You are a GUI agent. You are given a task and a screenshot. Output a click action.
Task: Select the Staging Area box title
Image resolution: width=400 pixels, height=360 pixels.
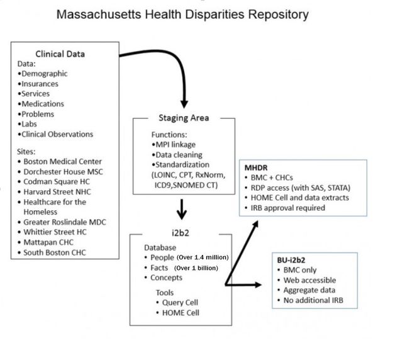click(x=183, y=118)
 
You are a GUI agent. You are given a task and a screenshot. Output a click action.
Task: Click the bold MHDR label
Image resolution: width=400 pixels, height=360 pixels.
click(x=258, y=167)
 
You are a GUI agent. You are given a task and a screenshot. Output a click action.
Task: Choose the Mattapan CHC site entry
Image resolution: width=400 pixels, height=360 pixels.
click(x=50, y=243)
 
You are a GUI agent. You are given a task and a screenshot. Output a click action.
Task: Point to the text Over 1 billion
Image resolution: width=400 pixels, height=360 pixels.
click(x=196, y=267)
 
